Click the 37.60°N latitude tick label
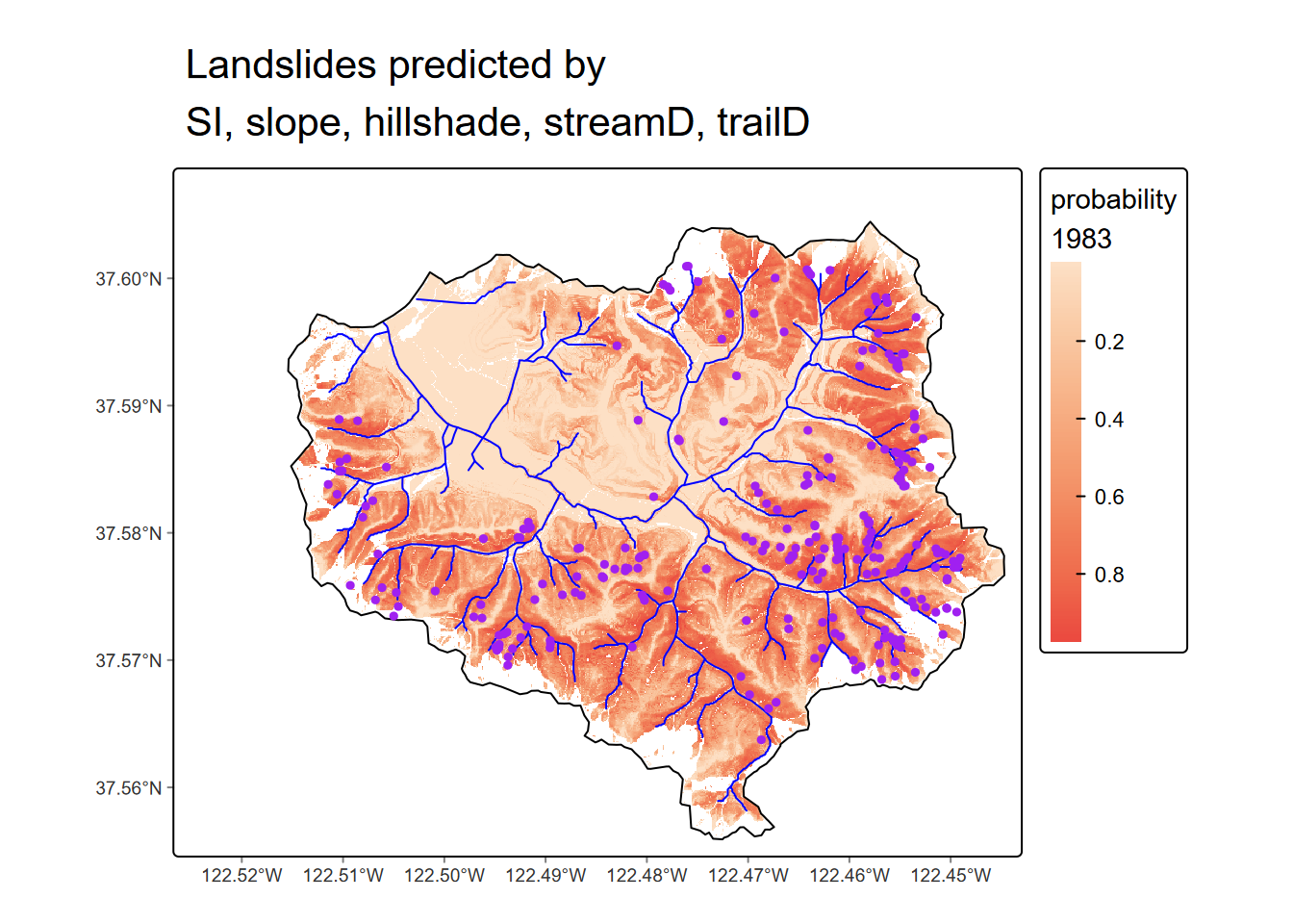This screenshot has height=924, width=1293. coord(128,279)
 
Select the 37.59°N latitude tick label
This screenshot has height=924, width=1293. coord(128,406)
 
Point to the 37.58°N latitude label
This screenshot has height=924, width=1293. coord(128,533)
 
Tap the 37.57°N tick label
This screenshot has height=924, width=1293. coord(128,660)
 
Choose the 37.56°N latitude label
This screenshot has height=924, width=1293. coord(128,788)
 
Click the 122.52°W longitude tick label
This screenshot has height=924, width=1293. coord(242,875)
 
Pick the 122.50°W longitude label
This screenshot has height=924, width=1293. coord(444,875)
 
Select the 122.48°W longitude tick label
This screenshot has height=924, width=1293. coord(646,875)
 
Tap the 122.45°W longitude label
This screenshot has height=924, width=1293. coord(951,875)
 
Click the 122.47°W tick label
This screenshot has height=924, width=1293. coord(748,875)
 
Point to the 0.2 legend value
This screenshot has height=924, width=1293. coord(1109,342)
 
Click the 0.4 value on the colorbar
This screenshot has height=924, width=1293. coord(1109,420)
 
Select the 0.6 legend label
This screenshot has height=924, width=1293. coord(1109,497)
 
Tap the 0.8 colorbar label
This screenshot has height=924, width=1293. coord(1109,575)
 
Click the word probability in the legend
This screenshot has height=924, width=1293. coord(1113,200)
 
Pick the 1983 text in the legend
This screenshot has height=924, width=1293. coord(1081,239)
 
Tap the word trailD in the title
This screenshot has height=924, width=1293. coord(763,123)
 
